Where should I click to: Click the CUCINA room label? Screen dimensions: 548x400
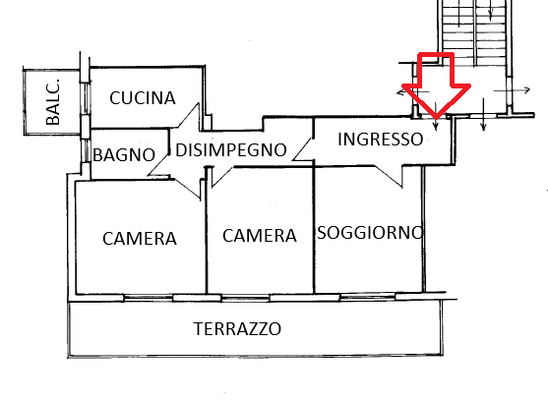point(143,98)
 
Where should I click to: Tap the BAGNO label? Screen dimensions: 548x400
point(124,155)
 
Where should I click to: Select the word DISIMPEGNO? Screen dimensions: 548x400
point(231,150)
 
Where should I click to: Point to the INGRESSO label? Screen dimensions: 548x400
point(380,139)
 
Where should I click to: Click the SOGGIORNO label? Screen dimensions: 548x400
point(370,233)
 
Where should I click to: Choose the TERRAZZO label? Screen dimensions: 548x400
point(237,329)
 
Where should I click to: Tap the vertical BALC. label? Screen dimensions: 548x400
point(53,102)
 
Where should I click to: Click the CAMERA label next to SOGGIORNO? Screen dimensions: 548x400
point(260,236)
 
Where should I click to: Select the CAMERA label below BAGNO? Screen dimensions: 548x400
point(140,239)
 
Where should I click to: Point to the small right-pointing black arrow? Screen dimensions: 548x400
point(512,90)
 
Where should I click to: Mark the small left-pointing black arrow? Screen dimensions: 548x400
point(413,92)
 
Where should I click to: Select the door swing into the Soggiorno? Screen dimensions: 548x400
point(389,176)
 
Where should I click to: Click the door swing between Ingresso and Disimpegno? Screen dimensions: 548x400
point(302,149)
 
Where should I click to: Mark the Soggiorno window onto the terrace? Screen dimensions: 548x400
point(368,297)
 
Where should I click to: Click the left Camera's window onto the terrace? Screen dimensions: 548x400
point(149,298)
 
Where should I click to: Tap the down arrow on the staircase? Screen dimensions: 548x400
point(490,10)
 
